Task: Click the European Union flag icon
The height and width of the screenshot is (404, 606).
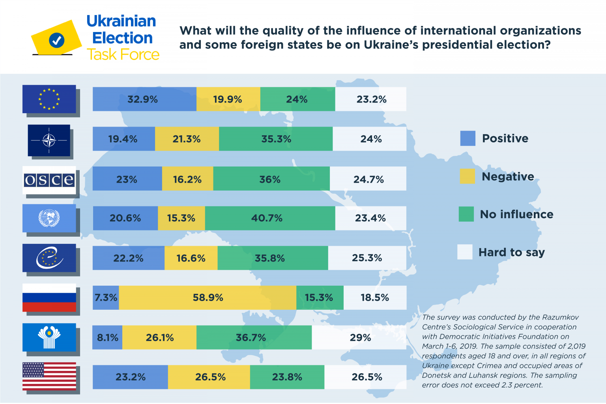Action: click(49, 99)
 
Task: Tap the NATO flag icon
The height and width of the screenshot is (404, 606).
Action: click(49, 140)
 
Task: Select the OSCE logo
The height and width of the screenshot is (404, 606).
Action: click(49, 180)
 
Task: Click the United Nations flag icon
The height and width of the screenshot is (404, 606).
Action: click(49, 218)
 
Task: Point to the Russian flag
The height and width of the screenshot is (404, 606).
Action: click(49, 297)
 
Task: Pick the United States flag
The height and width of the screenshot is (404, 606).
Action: click(49, 376)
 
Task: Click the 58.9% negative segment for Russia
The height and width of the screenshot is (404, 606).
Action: click(208, 297)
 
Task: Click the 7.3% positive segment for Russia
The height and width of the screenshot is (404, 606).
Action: click(106, 297)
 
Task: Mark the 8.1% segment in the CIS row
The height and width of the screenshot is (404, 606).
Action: click(107, 337)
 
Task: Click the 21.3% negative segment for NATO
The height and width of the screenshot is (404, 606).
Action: click(187, 139)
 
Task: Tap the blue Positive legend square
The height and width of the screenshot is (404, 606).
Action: click(468, 138)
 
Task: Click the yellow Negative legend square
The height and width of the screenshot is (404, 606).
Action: click(467, 176)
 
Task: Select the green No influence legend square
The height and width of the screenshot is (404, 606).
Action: click(466, 214)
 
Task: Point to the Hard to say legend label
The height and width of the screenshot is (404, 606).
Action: click(511, 252)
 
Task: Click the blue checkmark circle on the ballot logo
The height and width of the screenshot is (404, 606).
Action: click(57, 40)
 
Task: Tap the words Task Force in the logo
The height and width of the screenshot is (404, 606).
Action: click(123, 54)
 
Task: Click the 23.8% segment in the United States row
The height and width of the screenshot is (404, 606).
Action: click(287, 377)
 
